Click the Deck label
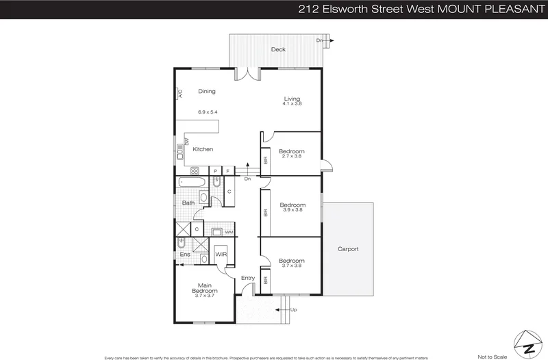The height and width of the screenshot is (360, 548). click(277, 49)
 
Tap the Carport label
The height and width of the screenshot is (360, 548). click(348, 249)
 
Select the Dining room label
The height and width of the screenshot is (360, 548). click(207, 91)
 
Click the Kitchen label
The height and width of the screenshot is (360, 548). click(203, 149)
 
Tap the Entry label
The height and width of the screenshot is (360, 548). click(248, 278)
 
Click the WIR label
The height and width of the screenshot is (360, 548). click(221, 255)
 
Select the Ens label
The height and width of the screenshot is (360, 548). click(185, 255)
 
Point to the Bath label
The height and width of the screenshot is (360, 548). click(188, 203)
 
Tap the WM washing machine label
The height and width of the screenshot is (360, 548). click(229, 233)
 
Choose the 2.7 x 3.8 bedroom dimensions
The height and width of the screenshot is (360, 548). click(292, 156)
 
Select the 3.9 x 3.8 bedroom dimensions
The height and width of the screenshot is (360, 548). click(292, 210)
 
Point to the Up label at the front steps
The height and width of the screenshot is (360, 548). click(294, 310)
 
